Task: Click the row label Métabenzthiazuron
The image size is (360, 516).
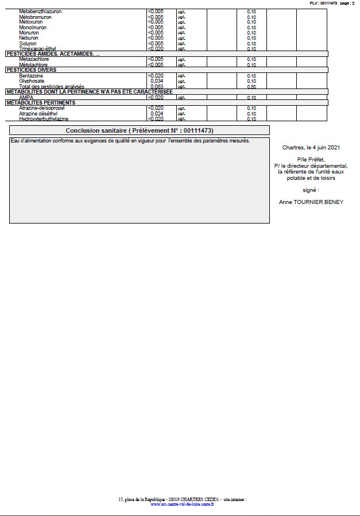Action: tap(40, 11)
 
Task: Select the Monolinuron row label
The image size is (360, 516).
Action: tap(33, 28)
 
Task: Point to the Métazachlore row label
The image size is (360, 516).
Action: tap(34, 59)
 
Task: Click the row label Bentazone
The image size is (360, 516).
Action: tap(31, 76)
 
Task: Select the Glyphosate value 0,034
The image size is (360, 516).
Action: tap(157, 81)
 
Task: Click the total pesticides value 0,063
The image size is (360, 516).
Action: tap(157, 87)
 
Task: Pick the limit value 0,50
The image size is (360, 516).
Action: tap(251, 87)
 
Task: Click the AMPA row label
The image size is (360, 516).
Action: tap(26, 98)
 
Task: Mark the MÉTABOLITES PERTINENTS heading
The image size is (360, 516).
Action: tap(41, 103)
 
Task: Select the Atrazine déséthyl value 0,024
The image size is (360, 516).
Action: tap(157, 114)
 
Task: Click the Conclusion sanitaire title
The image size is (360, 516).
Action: tap(140, 130)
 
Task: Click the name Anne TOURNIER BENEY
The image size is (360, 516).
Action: tap(311, 202)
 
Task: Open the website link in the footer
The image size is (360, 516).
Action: tap(181, 505)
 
